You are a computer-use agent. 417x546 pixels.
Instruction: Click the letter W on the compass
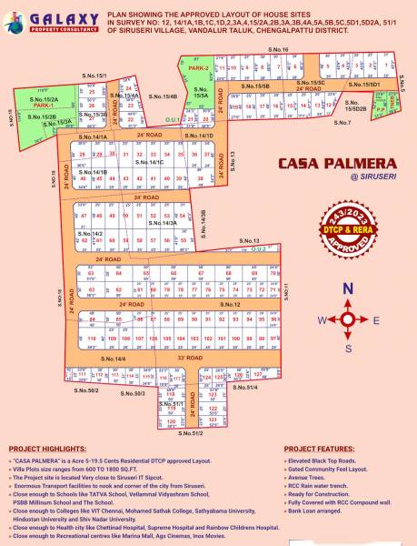tap(319, 320)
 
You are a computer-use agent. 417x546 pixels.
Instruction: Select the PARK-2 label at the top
tap(199, 68)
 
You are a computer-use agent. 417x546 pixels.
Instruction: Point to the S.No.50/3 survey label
tap(134, 393)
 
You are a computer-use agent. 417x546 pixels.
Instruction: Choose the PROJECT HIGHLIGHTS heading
tap(46, 450)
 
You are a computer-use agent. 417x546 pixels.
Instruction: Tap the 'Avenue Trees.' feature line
tap(310, 478)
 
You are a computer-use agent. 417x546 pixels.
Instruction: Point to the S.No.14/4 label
tap(114, 359)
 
